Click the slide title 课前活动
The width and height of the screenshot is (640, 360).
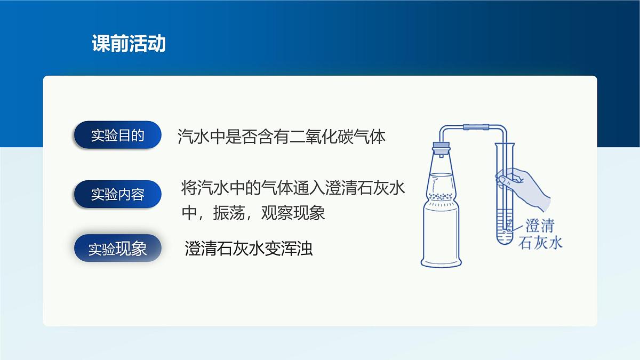tap(129, 44)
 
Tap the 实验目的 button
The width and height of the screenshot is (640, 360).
tap(117, 135)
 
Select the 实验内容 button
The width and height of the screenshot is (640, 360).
tap(117, 194)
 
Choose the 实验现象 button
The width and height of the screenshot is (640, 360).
tap(117, 249)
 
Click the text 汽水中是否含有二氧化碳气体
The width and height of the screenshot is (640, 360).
tap(281, 137)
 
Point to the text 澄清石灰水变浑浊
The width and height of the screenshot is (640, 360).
tap(249, 249)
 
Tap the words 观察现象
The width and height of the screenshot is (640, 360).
tap(293, 213)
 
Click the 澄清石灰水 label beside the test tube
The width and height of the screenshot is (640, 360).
tap(540, 234)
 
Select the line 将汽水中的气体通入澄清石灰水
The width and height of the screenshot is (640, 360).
tap(293, 189)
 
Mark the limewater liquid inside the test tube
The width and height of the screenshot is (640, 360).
tap(504, 227)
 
